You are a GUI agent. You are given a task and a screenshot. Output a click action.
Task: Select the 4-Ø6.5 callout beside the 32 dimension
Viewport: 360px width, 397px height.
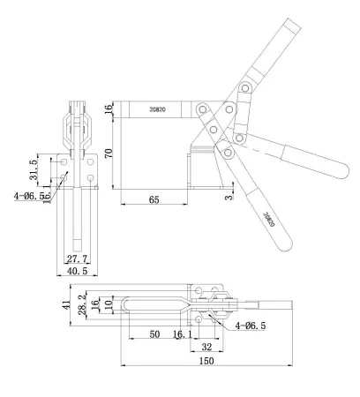click(x=251, y=326)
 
